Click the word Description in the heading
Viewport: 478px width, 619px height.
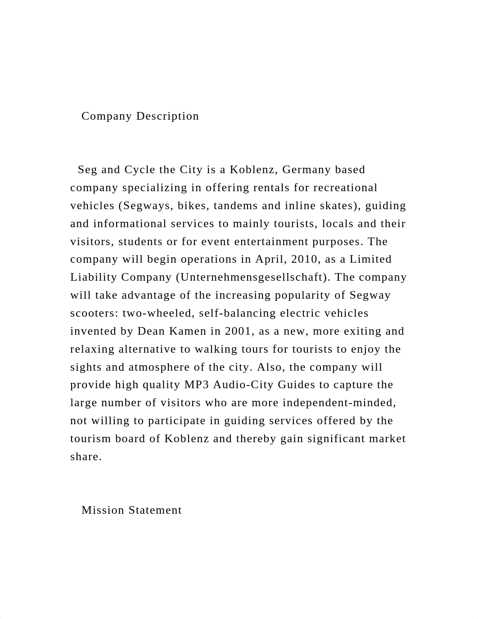167,116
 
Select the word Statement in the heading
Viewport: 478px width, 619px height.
155,510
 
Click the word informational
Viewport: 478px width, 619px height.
130,224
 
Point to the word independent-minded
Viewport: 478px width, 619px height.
339,403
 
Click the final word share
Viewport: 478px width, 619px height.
86,457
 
